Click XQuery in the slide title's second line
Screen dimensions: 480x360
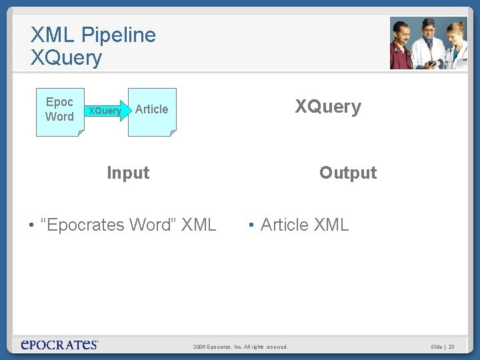(x=66, y=58)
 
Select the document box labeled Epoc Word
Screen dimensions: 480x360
(x=60, y=111)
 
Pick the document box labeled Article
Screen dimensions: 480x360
(x=152, y=111)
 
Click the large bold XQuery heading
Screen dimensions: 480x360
(x=328, y=107)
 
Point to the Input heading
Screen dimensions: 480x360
(x=128, y=173)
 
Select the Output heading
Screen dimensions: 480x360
(x=348, y=173)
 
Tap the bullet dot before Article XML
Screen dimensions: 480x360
(x=250, y=225)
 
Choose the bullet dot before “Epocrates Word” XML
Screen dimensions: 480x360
(x=31, y=225)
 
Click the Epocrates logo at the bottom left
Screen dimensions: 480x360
(x=59, y=345)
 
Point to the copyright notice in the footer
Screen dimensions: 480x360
(x=241, y=347)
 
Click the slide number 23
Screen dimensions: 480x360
(x=451, y=347)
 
